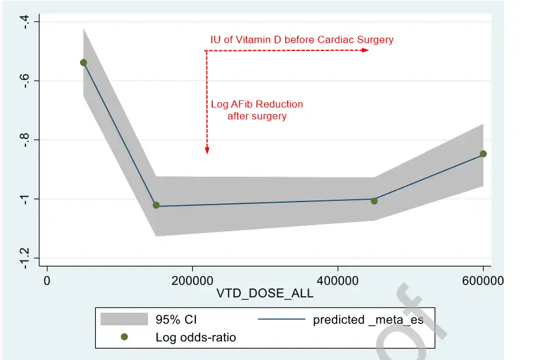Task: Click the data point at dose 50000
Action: pos(84,63)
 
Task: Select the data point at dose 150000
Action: pos(156,205)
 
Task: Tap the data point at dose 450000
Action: pos(374,201)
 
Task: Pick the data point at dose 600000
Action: pos(483,154)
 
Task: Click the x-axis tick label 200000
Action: pos(192,281)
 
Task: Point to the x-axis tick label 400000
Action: pos(337,281)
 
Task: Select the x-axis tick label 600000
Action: pos(482,281)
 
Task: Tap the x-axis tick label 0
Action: pos(47,281)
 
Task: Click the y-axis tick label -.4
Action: pos(25,22)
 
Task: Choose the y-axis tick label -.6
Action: pos(25,81)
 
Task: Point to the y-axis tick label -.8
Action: pos(25,140)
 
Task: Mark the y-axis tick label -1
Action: pos(25,199)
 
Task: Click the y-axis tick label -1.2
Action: pos(25,257)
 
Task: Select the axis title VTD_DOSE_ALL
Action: pos(265,294)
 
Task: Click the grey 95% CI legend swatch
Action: pos(124,319)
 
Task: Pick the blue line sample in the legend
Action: pos(281,319)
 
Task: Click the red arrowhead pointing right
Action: pos(365,50)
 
